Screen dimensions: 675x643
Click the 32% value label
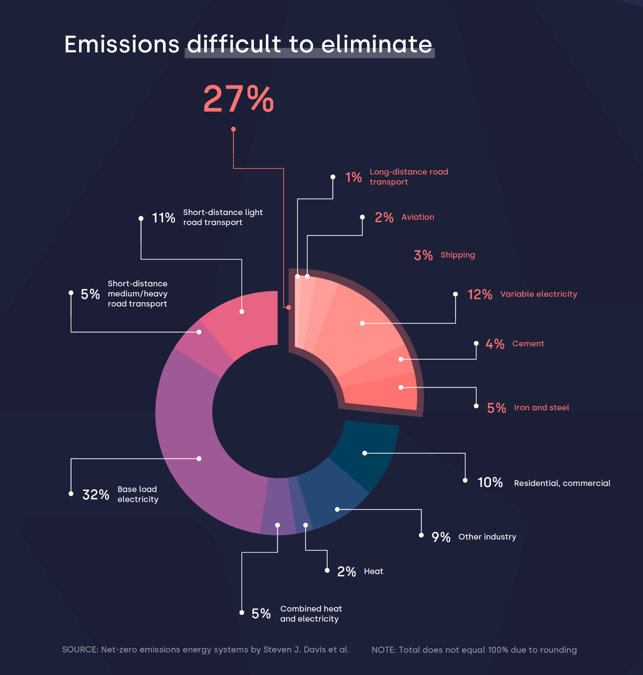(95, 494)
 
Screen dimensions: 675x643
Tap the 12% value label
(479, 294)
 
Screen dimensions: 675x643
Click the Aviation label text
(418, 217)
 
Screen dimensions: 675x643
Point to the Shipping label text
(457, 255)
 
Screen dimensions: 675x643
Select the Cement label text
(528, 344)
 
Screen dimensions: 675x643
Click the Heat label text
(373, 571)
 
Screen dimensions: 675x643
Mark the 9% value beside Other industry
(441, 537)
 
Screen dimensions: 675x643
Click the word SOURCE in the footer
(80, 650)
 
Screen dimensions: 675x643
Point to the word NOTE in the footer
(383, 650)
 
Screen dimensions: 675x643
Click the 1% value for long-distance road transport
(353, 177)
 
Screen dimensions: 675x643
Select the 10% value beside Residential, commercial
(490, 482)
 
